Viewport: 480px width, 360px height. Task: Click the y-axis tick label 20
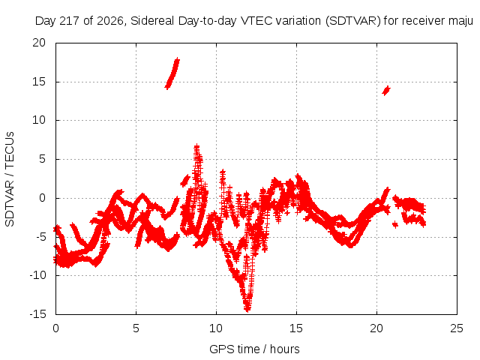39,43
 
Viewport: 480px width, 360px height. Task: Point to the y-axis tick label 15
39,82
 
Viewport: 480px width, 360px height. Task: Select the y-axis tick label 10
39,120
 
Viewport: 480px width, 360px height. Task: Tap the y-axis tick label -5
40,237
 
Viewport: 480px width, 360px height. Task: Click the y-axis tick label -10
37,275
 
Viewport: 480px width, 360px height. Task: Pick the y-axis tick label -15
37,313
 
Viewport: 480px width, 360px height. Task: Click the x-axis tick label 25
457,328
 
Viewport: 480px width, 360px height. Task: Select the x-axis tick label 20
376,328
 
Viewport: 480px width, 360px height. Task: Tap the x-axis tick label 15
296,328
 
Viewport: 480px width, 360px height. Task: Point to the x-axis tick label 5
136,328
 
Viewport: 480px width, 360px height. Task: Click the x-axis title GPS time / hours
254,349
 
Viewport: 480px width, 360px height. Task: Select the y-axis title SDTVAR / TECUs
10,179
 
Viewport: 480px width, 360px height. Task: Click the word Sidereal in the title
152,21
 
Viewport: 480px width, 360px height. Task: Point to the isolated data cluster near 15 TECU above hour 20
386,90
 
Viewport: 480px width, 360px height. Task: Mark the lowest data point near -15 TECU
247,310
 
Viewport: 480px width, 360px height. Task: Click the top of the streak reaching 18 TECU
177,60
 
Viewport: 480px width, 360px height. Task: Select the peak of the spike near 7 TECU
196,146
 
